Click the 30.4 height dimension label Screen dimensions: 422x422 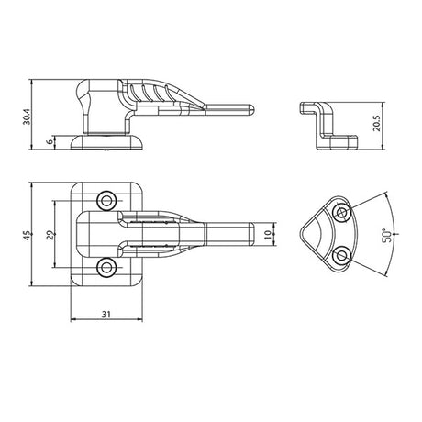click(x=27, y=116)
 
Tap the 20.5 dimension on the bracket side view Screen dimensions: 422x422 click(x=376, y=123)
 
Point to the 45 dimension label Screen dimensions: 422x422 click(x=27, y=235)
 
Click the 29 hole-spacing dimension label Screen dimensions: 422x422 click(x=50, y=235)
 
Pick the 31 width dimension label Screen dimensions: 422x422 click(x=105, y=314)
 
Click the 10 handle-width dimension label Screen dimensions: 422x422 click(x=267, y=234)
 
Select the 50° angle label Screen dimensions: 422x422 click(x=387, y=236)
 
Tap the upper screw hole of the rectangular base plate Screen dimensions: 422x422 click(x=106, y=201)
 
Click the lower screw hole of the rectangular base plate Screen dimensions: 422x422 click(x=106, y=268)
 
